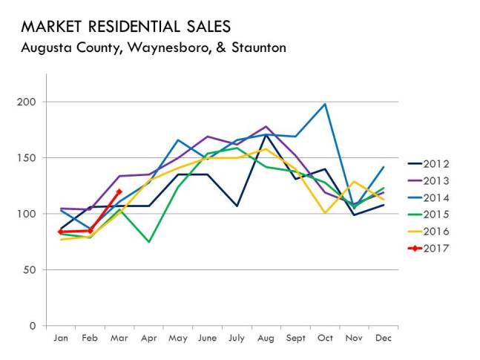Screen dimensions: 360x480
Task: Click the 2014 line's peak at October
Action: tap(325, 104)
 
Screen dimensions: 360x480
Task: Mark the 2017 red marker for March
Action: tap(119, 192)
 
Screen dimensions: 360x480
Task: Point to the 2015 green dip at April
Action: tap(148, 242)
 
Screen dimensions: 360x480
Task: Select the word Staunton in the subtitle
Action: tap(255, 48)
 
